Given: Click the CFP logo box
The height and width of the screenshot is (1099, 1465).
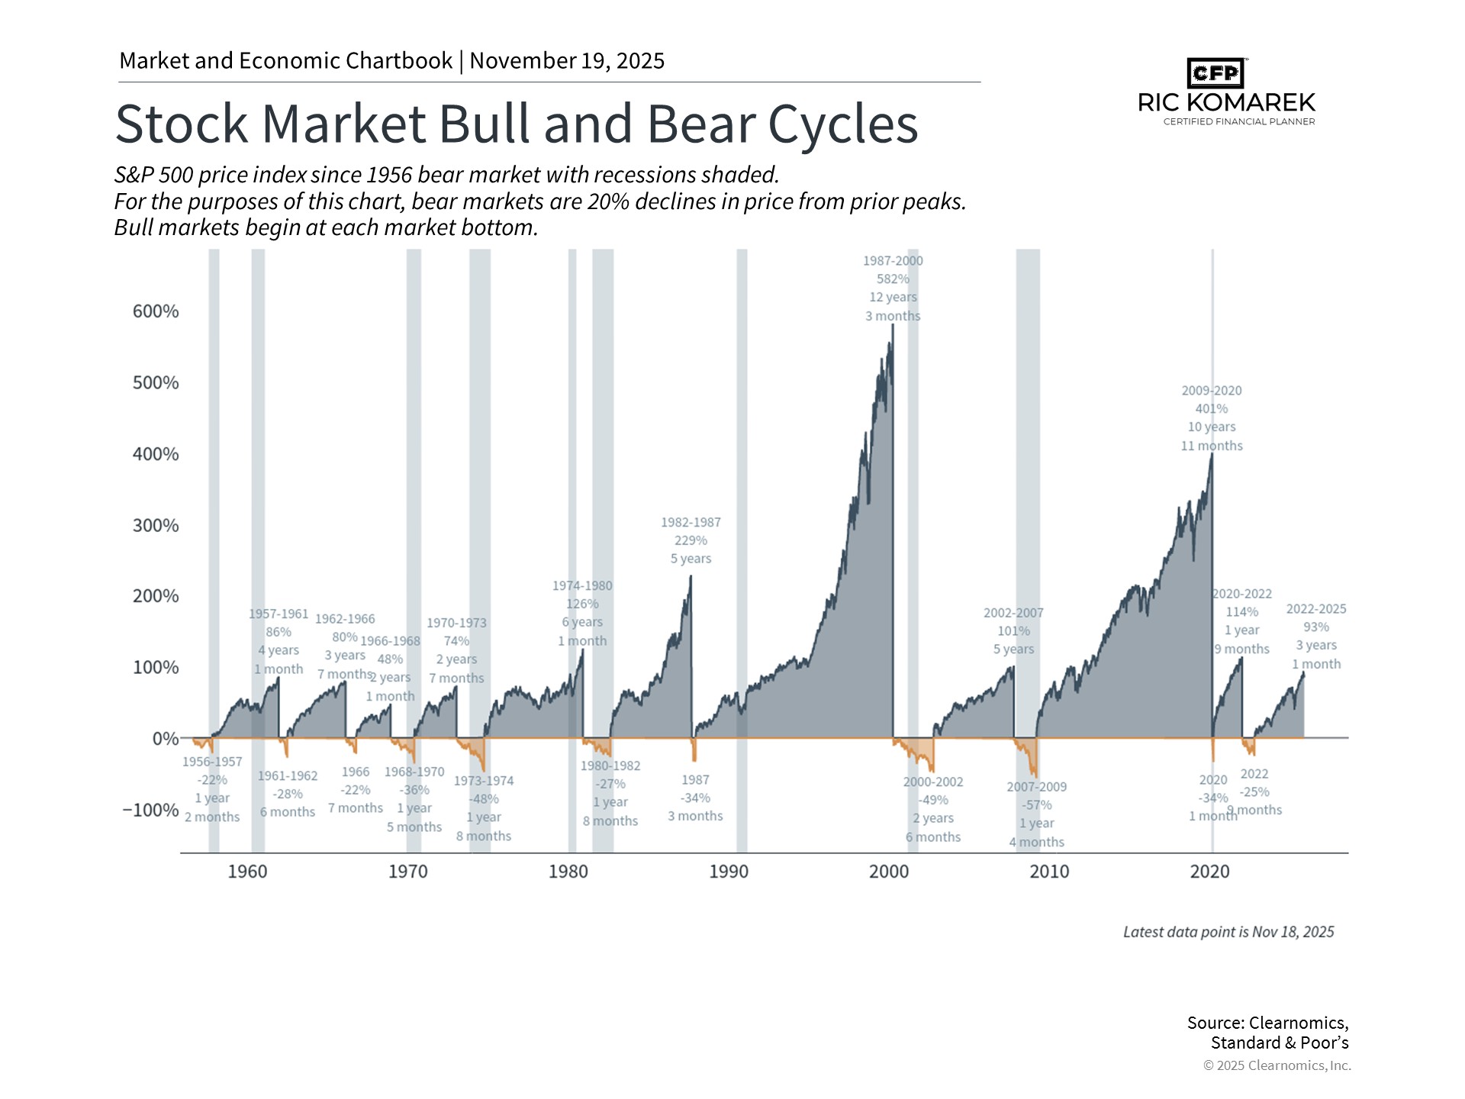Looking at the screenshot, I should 1215,73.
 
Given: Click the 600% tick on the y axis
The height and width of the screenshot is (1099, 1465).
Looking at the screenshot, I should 156,311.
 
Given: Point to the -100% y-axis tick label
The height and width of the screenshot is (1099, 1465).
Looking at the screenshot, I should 151,810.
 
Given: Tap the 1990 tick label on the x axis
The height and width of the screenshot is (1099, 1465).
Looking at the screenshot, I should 729,872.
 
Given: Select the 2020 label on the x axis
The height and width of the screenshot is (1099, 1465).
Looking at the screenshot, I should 1209,872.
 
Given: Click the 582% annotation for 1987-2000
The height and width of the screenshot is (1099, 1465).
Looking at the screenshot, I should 893,279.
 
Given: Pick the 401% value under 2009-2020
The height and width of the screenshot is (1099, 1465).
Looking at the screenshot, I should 1211,409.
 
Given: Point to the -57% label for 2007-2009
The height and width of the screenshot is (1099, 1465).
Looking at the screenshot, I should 1036,805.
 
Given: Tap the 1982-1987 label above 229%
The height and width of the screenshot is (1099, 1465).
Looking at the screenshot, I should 691,523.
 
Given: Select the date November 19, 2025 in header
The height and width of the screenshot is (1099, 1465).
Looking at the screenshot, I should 567,61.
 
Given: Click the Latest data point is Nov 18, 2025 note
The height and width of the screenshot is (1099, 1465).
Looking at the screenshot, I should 1228,932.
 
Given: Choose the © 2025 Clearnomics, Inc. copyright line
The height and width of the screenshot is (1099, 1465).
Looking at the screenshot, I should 1277,1065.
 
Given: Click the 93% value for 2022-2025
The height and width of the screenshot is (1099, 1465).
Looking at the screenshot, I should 1316,627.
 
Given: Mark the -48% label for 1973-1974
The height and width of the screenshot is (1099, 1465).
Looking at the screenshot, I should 484,799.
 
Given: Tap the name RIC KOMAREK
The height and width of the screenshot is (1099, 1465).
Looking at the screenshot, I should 1226,102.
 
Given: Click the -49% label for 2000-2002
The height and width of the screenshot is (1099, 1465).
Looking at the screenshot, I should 933,800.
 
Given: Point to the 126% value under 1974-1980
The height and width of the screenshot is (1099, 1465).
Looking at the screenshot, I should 582,604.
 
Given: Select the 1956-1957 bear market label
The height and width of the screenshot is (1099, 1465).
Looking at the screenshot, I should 212,762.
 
